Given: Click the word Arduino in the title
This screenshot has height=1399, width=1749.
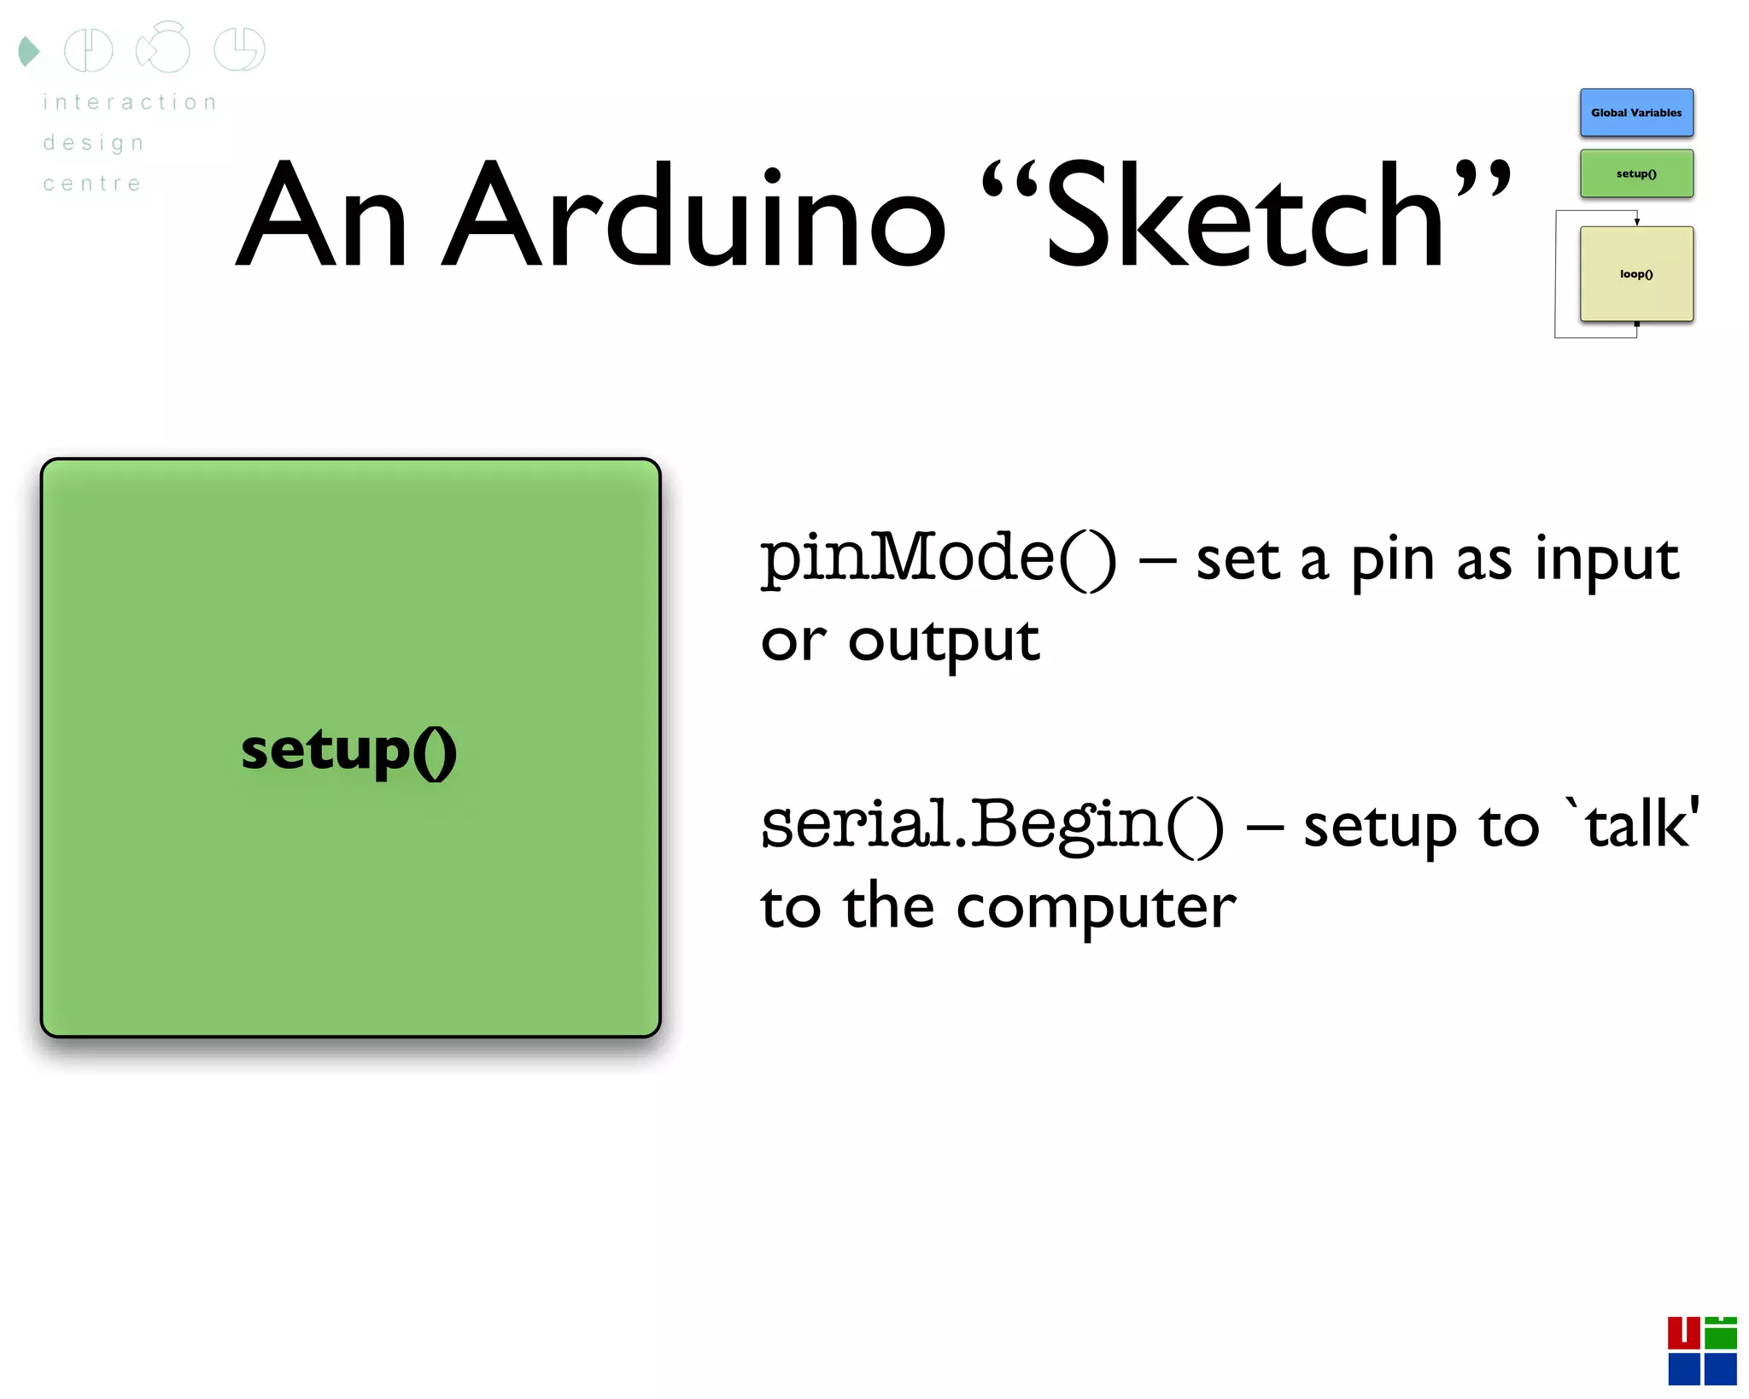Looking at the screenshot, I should click(693, 215).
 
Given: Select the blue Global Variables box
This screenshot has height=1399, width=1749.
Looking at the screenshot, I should click(1635, 113).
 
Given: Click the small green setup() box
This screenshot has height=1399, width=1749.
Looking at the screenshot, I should click(1635, 173).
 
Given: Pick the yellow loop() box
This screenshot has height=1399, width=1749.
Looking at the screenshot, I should click(1635, 274).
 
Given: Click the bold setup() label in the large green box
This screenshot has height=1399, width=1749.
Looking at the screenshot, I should click(348, 751).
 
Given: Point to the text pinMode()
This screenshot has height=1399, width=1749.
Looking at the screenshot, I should click(938, 559).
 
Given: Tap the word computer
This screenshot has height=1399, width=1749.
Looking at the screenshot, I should click(1096, 907).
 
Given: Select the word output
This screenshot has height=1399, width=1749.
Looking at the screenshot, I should click(944, 642).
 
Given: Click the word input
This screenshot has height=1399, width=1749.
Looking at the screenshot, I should click(1606, 560).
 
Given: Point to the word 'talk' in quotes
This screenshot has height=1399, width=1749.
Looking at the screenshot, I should click(1632, 823).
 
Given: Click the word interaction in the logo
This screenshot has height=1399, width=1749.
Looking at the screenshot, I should click(130, 102).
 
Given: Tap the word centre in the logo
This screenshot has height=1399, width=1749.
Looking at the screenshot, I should click(92, 184).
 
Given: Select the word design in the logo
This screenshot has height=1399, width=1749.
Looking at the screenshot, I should click(94, 143).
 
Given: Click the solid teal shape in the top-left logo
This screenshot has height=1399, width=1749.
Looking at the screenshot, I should click(28, 51).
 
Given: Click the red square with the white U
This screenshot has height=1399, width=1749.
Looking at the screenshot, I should click(1683, 1332).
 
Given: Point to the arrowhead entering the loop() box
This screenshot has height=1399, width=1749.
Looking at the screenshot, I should click(1636, 222).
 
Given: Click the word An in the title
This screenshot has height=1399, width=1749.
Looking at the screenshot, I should click(321, 215).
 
